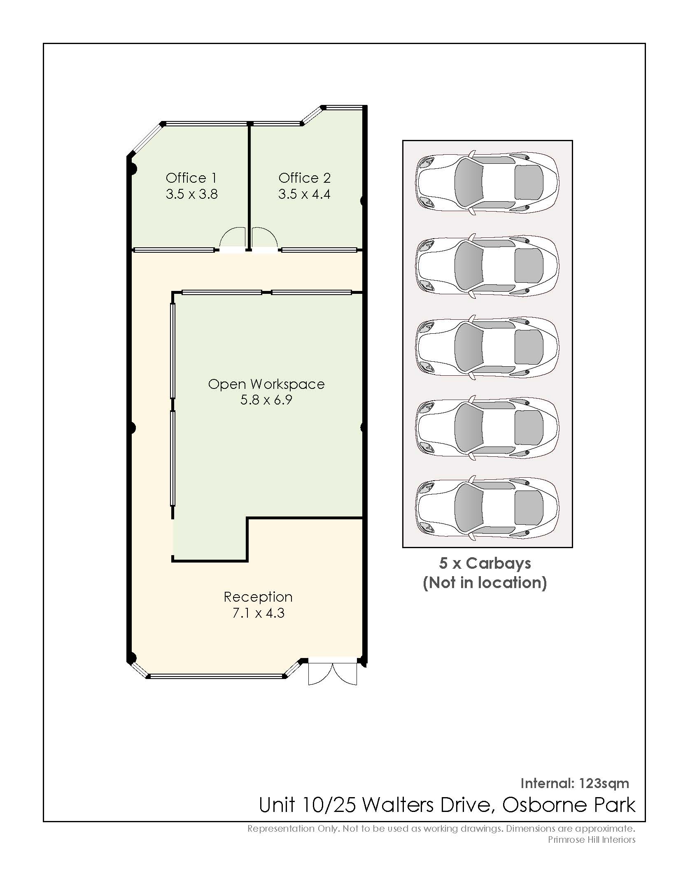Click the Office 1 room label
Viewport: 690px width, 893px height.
pos(191,178)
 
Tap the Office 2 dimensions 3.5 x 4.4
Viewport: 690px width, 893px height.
pos(304,194)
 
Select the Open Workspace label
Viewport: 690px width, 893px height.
pos(266,384)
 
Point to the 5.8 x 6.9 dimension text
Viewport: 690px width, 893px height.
pos(266,400)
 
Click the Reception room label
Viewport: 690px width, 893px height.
pos(258,597)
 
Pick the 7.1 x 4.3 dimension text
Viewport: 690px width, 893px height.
pos(258,613)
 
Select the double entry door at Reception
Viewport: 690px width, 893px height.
pos(333,674)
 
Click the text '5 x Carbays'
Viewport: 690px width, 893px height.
pos(485,563)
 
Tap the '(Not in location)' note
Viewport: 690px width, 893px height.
pos(485,583)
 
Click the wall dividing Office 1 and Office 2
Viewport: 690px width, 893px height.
pos(249,186)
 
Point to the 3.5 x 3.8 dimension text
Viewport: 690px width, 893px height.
pos(191,194)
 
